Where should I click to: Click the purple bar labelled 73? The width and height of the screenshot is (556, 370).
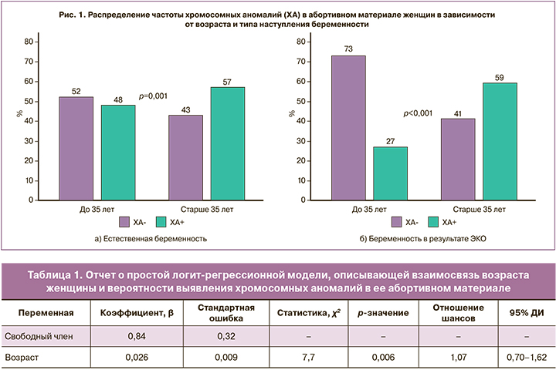(x=348, y=127)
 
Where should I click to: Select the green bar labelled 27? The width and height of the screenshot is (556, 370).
(x=390, y=173)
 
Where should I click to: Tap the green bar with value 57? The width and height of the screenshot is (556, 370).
(x=227, y=143)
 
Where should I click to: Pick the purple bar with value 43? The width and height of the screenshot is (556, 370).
(x=186, y=157)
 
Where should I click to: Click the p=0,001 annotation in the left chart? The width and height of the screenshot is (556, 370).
(x=154, y=96)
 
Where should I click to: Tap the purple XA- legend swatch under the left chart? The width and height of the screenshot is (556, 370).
(x=124, y=222)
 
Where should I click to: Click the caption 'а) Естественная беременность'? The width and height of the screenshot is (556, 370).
(x=151, y=238)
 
